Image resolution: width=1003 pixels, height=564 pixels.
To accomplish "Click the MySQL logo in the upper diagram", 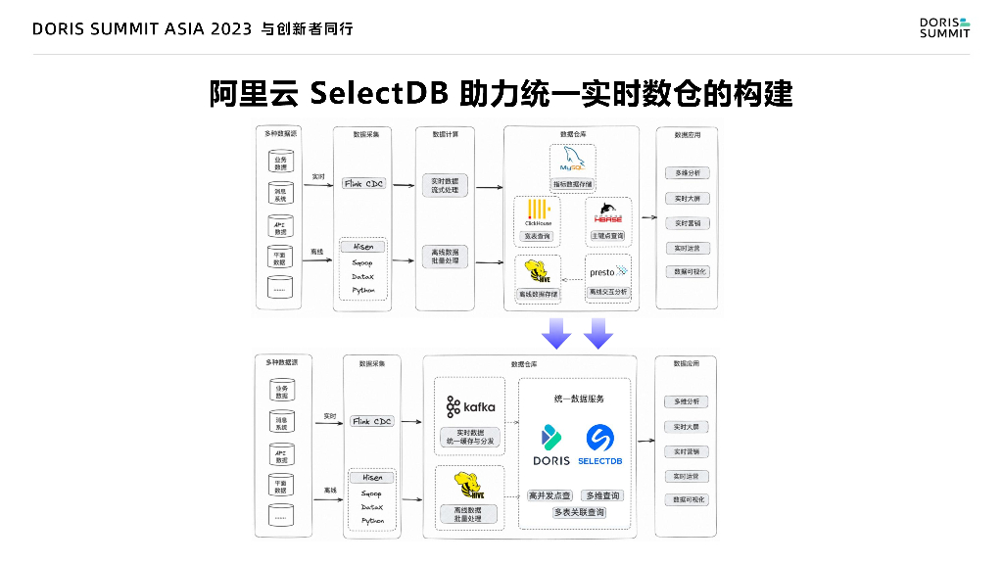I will [x=571, y=161].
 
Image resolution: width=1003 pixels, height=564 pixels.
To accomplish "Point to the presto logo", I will [x=607, y=271].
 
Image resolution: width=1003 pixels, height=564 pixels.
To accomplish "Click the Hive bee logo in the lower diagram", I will [x=469, y=486].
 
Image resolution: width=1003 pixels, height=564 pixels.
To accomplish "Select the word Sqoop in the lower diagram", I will [x=372, y=493].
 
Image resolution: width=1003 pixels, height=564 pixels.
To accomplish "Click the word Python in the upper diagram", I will [x=363, y=290].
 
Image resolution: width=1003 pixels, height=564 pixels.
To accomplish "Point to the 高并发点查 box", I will [x=549, y=495].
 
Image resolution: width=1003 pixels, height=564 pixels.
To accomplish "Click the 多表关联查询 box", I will [x=579, y=512].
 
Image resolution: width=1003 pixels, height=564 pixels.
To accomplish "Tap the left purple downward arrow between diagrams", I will [x=556, y=333].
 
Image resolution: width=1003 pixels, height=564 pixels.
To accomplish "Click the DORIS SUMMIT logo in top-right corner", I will [x=944, y=27].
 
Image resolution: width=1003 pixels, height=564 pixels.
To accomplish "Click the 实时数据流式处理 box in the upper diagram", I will [x=445, y=185].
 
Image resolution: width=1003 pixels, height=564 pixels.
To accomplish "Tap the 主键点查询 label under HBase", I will [x=607, y=236].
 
